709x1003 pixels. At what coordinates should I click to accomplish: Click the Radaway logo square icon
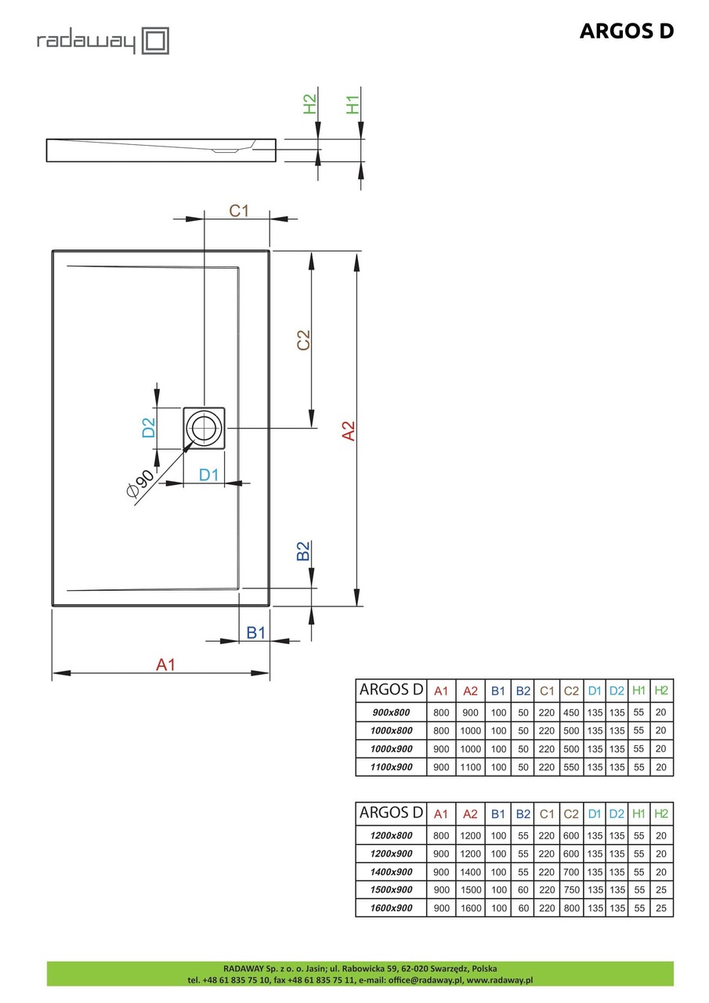click(x=155, y=40)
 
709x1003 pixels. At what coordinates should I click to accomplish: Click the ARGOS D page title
click(x=626, y=31)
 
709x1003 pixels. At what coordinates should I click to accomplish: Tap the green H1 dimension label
click(x=353, y=104)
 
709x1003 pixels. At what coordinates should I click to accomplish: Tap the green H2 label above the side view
click(x=310, y=104)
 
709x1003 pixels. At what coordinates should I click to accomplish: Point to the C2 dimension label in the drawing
click(x=303, y=339)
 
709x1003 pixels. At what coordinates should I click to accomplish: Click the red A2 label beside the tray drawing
click(x=349, y=431)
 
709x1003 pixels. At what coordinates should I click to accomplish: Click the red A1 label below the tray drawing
click(x=165, y=664)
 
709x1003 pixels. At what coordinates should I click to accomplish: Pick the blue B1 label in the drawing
click(x=255, y=632)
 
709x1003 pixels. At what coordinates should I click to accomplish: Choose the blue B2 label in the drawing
click(x=304, y=551)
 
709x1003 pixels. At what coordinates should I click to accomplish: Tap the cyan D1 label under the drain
click(x=208, y=474)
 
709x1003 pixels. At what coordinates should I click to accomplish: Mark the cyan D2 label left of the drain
click(x=148, y=428)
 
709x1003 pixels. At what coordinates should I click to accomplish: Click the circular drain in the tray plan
click(x=204, y=427)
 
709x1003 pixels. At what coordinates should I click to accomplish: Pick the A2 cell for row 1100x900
click(x=470, y=767)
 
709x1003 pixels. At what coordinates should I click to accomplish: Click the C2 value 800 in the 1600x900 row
click(x=571, y=908)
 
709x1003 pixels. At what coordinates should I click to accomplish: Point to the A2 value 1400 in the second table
click(x=470, y=871)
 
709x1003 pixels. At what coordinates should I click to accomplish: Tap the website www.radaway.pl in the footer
click(x=500, y=979)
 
